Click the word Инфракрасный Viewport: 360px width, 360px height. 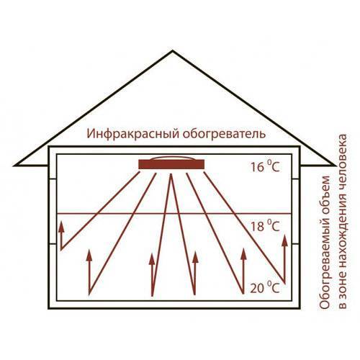tap(132, 134)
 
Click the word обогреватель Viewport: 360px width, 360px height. tap(225, 134)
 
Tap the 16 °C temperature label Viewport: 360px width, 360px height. tap(265, 166)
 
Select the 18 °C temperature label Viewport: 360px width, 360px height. tap(265, 225)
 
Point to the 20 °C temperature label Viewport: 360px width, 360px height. tap(265, 287)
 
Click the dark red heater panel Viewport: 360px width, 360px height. tap(171, 164)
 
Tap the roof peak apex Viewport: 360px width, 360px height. tap(172, 50)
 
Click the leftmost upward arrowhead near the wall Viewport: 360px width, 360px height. tap(61, 227)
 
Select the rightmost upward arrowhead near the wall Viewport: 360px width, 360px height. tap(285, 240)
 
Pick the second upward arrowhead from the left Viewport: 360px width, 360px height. tap(89, 255)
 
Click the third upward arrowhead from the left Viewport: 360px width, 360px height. tap(152, 259)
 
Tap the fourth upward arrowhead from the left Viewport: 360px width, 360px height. tap(195, 257)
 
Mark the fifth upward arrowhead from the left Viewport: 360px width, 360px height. tap(243, 254)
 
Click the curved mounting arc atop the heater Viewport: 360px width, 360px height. tap(172, 157)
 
